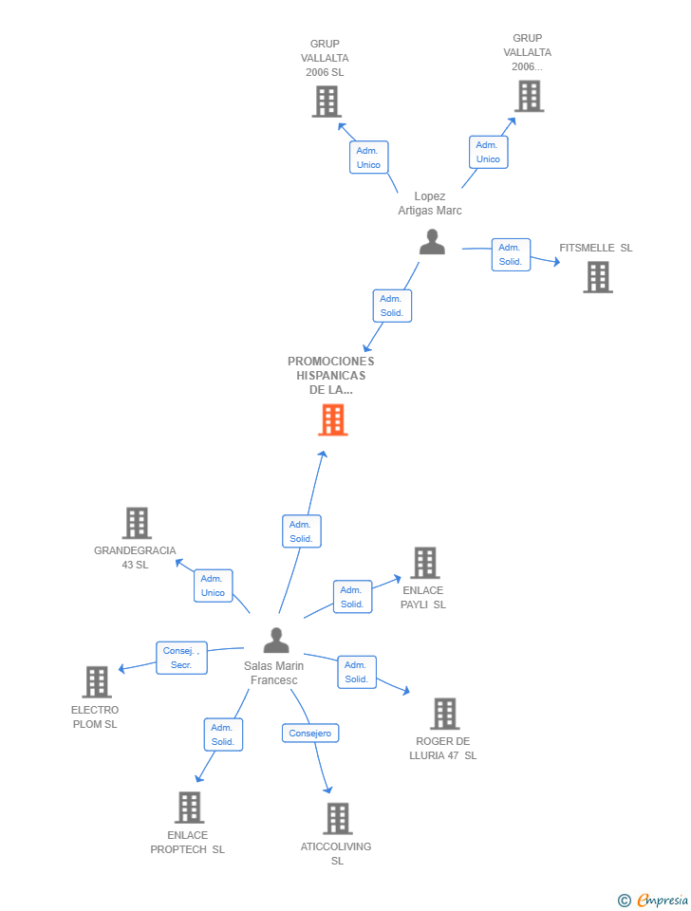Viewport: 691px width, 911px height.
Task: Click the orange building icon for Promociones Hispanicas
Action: coord(332,419)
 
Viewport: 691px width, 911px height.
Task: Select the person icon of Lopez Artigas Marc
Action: coord(432,243)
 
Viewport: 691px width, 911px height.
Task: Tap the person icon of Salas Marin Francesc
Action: coord(276,641)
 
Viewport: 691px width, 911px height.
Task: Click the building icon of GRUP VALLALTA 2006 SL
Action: coord(326,102)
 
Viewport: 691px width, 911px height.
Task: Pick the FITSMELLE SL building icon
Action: coord(598,277)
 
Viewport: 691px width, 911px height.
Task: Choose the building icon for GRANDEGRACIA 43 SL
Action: coord(137,523)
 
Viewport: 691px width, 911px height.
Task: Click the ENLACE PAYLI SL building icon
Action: coord(424,563)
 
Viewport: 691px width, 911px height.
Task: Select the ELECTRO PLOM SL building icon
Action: coord(97,681)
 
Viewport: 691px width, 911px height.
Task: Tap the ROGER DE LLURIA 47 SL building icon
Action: coord(444,714)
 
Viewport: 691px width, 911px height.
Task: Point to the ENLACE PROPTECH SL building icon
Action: coord(190,808)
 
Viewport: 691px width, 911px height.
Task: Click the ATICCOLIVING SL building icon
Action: coord(337,818)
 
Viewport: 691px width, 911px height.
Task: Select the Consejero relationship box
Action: coord(310,734)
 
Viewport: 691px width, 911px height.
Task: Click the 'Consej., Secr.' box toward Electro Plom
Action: coord(181,658)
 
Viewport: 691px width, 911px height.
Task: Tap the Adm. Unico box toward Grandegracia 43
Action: coord(213,586)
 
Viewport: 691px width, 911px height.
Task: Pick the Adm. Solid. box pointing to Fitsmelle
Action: coord(511,254)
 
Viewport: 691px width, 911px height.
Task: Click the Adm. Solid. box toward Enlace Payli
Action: coord(352,597)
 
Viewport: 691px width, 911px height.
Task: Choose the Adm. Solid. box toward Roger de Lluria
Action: coord(357,672)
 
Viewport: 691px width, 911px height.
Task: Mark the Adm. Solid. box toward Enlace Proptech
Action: coord(223,734)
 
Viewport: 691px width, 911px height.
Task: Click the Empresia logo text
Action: coord(662,900)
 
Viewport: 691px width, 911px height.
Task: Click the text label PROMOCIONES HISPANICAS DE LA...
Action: coord(331,375)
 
